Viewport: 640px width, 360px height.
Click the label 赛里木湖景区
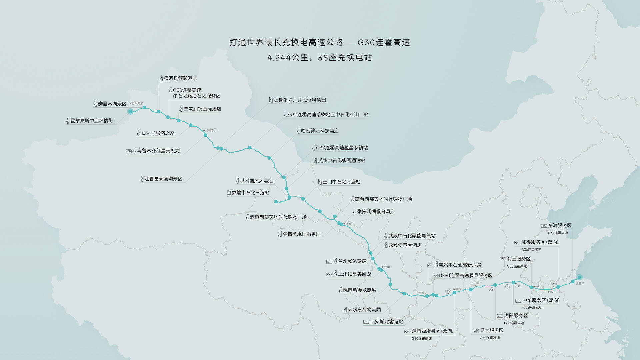pyautogui.click(x=112, y=104)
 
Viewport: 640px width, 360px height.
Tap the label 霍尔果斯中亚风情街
pyautogui.click(x=91, y=121)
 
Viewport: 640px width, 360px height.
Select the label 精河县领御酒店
pyautogui.click(x=180, y=78)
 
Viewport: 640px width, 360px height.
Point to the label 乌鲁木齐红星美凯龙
pyautogui.click(x=158, y=151)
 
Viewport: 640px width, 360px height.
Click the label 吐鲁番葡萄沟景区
pyautogui.click(x=163, y=179)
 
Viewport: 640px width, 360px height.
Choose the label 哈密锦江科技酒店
pyautogui.click(x=320, y=131)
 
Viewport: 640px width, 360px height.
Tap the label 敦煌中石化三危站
pyautogui.click(x=250, y=193)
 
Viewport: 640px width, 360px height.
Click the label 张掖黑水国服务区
pyautogui.click(x=302, y=234)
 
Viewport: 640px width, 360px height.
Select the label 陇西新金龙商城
pyautogui.click(x=360, y=290)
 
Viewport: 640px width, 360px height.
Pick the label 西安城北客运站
pyautogui.click(x=387, y=322)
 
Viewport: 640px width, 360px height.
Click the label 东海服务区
pyautogui.click(x=560, y=226)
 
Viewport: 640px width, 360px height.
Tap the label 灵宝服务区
pyautogui.click(x=491, y=330)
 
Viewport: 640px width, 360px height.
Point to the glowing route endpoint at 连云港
pyautogui.click(x=579, y=277)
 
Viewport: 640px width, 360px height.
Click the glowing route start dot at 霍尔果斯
pyautogui.click(x=130, y=111)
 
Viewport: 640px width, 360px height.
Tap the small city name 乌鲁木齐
pyautogui.click(x=211, y=130)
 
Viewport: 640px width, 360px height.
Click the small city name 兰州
pyautogui.click(x=387, y=267)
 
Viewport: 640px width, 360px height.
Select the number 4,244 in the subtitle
pyautogui.click(x=279, y=58)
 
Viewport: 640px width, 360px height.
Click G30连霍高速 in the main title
pyautogui.click(x=384, y=42)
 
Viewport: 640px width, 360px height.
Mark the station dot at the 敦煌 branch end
pyautogui.click(x=276, y=202)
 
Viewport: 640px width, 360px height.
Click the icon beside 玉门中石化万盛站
pyautogui.click(x=320, y=182)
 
